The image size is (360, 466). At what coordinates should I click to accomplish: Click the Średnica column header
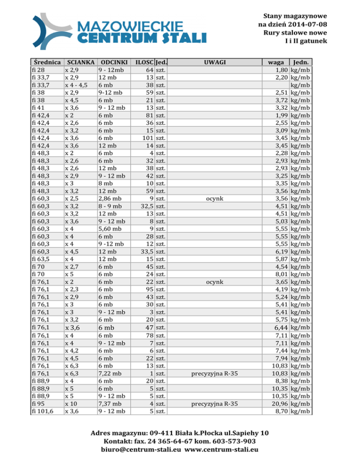(46, 62)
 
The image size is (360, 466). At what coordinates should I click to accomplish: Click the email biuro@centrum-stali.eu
(141, 450)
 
